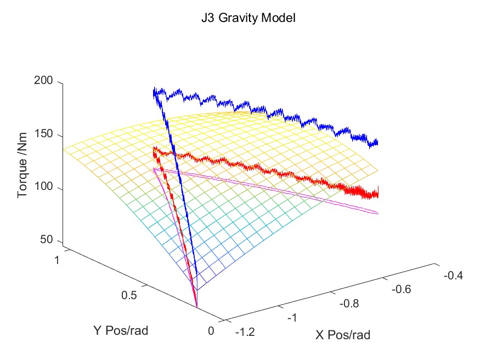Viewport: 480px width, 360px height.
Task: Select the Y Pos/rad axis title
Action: pyautogui.click(x=121, y=331)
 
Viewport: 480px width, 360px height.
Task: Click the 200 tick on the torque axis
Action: pyautogui.click(x=44, y=81)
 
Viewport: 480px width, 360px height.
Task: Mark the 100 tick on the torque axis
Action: pyautogui.click(x=44, y=189)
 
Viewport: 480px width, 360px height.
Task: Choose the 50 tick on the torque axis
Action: pyautogui.click(x=47, y=240)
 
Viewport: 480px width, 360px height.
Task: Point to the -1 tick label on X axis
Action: pyautogui.click(x=294, y=318)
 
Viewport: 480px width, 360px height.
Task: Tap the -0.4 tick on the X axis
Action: pyautogui.click(x=453, y=275)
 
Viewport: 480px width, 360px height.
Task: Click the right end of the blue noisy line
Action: pyautogui.click(x=377, y=144)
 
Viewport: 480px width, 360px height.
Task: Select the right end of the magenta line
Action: pyautogui.click(x=378, y=212)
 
